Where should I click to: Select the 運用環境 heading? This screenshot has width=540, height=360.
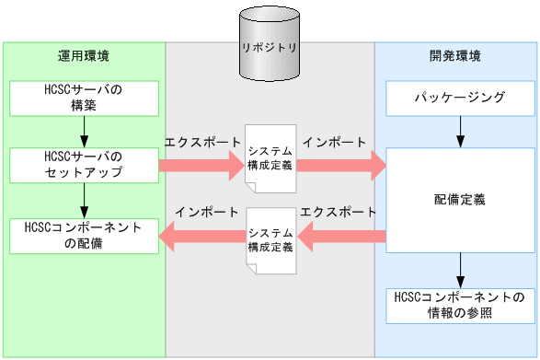84,55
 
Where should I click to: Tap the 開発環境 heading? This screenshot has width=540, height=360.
455,55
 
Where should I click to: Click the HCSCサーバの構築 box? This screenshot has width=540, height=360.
84,98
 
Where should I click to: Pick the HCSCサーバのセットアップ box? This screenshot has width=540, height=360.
84,165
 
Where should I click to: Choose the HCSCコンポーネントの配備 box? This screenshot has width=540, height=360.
84,236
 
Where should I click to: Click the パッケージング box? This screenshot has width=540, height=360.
457,97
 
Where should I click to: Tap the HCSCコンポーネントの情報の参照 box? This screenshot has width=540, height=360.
457,304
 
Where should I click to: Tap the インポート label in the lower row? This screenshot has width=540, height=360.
201,212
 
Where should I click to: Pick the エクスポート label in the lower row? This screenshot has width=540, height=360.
339,212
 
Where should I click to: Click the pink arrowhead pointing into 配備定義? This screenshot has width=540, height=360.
376,166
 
